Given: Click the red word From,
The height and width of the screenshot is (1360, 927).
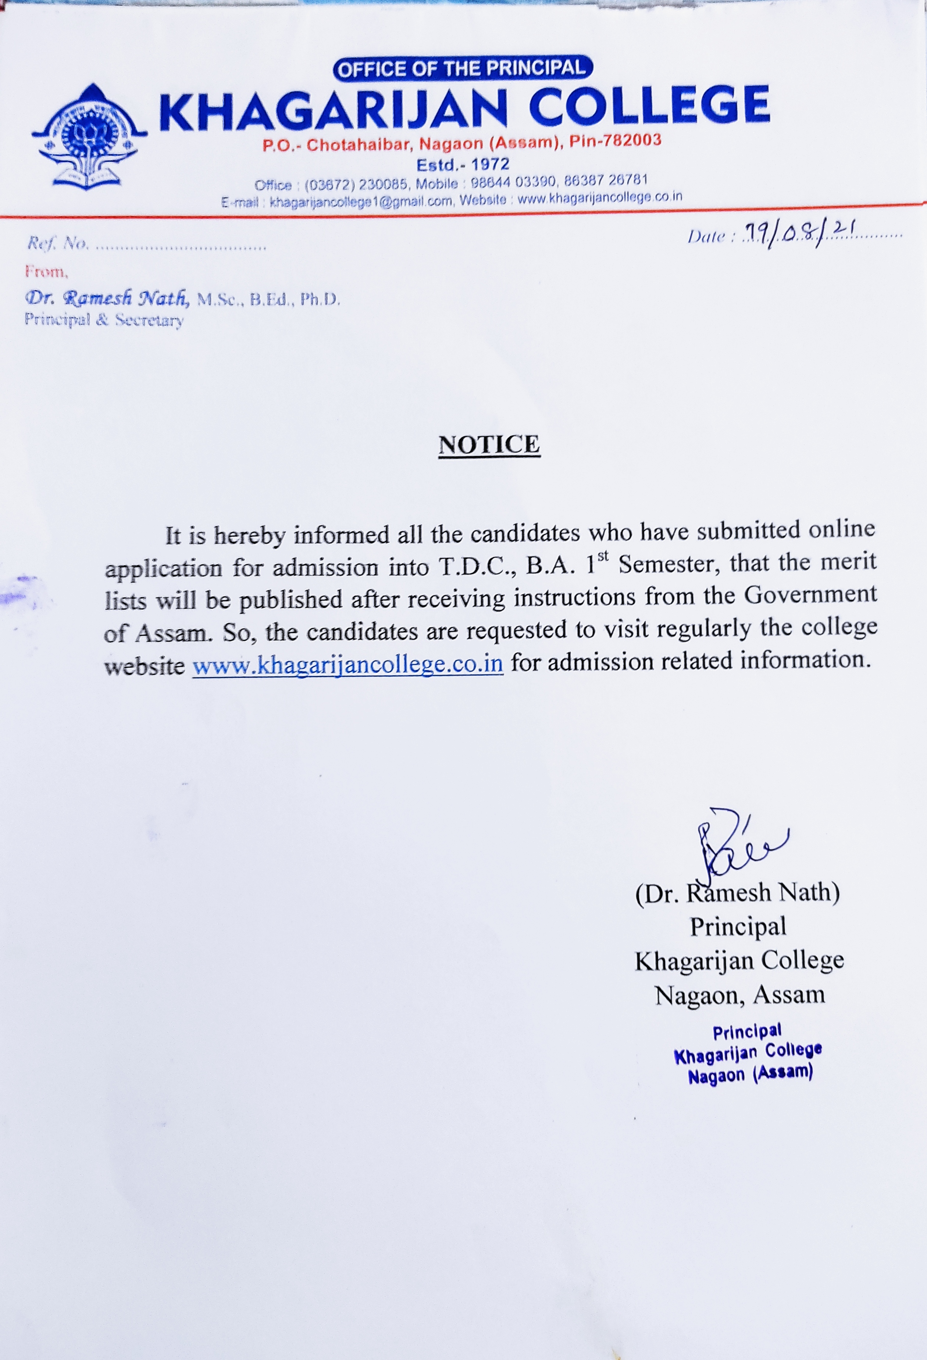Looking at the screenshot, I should tap(47, 272).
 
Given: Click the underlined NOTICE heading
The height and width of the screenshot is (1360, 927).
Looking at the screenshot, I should tap(489, 445).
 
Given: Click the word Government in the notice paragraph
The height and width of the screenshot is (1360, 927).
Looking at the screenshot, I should tap(810, 595).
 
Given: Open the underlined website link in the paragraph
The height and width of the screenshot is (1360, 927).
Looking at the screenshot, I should tap(348, 665).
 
